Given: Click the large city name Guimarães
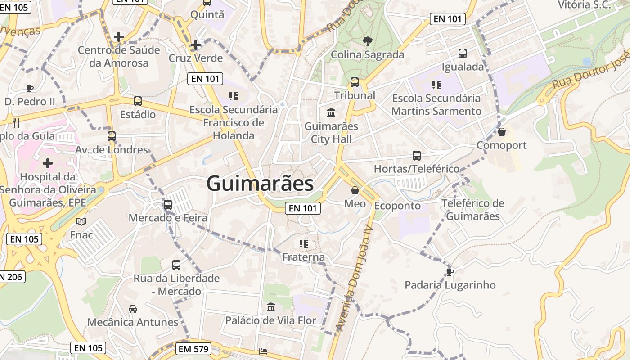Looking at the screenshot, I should click(260, 184).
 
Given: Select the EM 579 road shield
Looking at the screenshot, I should click(194, 349).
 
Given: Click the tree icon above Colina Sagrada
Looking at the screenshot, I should click(368, 41).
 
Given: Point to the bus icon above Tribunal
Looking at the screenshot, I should click(355, 82).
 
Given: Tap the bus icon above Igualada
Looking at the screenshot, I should click(463, 54).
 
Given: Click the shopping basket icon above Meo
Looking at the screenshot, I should click(355, 190).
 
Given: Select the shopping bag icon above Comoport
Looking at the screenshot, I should click(502, 132).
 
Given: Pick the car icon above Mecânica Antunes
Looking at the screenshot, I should click(133, 309).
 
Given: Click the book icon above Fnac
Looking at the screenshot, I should click(81, 221).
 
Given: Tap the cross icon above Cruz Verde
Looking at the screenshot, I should click(195, 45).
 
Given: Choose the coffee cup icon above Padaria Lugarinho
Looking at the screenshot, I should click(450, 271).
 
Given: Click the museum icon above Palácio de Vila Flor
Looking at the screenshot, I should click(271, 307).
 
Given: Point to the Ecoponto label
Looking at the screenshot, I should click(397, 206).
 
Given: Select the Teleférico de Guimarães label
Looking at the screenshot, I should click(472, 210).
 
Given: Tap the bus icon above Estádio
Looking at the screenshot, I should click(138, 101).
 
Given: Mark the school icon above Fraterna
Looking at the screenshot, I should click(304, 244).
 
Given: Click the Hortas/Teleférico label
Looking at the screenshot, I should click(417, 169).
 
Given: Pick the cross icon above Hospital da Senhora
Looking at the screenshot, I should click(48, 163).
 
